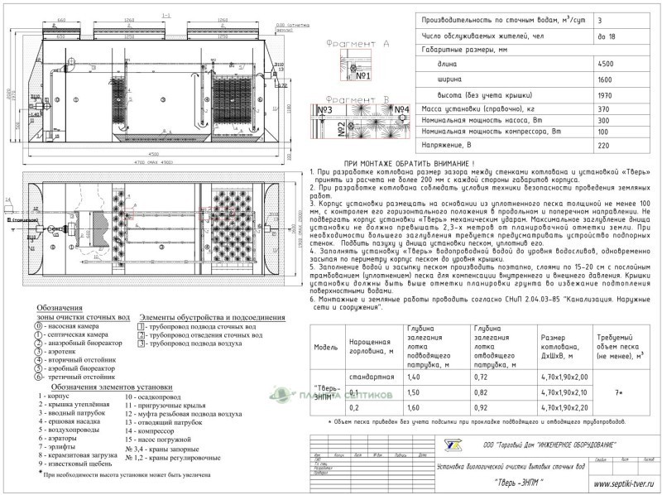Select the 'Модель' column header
coord(324,347)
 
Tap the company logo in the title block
coord(453,445)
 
